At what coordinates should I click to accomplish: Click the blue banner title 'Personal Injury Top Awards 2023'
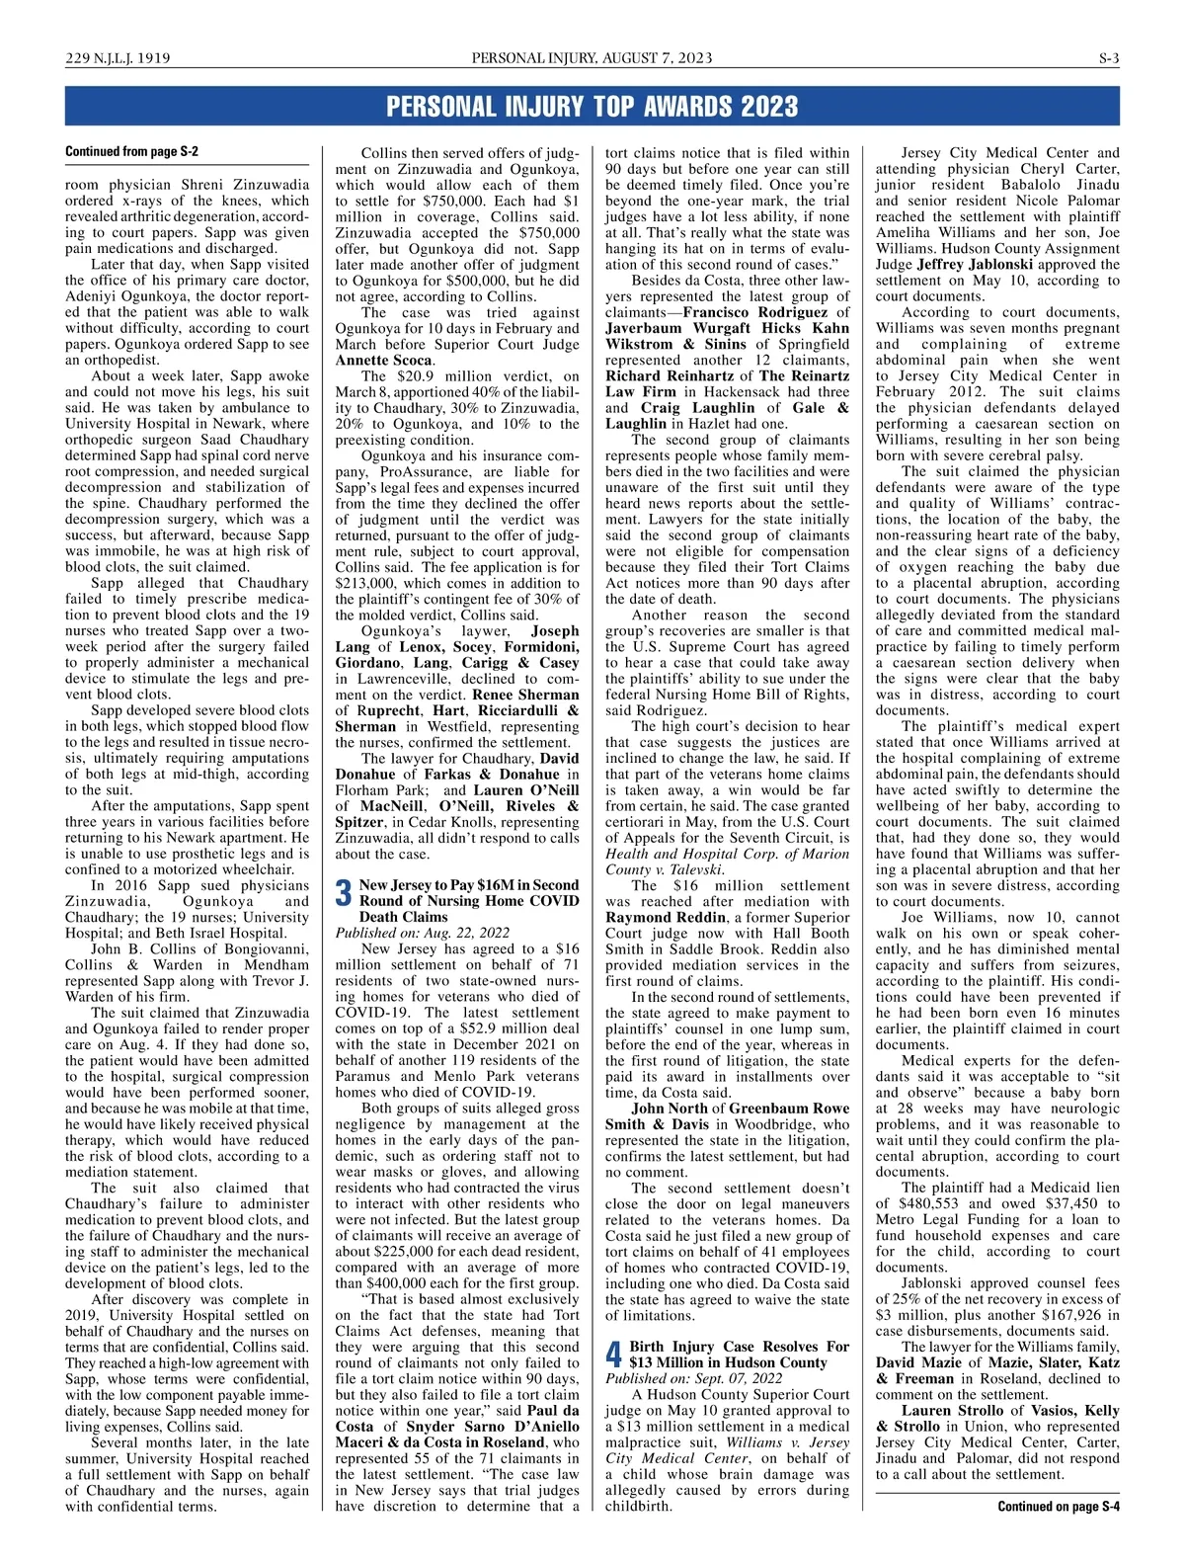[x=592, y=106]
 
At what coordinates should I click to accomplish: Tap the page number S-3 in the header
[x=1109, y=58]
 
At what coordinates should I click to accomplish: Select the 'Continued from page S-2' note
[x=131, y=151]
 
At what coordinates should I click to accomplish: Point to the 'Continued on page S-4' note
[x=1058, y=1507]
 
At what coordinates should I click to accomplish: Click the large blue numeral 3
[x=344, y=893]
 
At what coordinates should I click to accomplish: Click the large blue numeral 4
[x=613, y=1355]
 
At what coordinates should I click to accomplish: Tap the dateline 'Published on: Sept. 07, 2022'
[x=693, y=1378]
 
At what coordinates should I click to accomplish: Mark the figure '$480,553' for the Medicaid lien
[x=933, y=1203]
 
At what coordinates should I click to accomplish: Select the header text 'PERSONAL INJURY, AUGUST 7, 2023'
[x=592, y=58]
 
